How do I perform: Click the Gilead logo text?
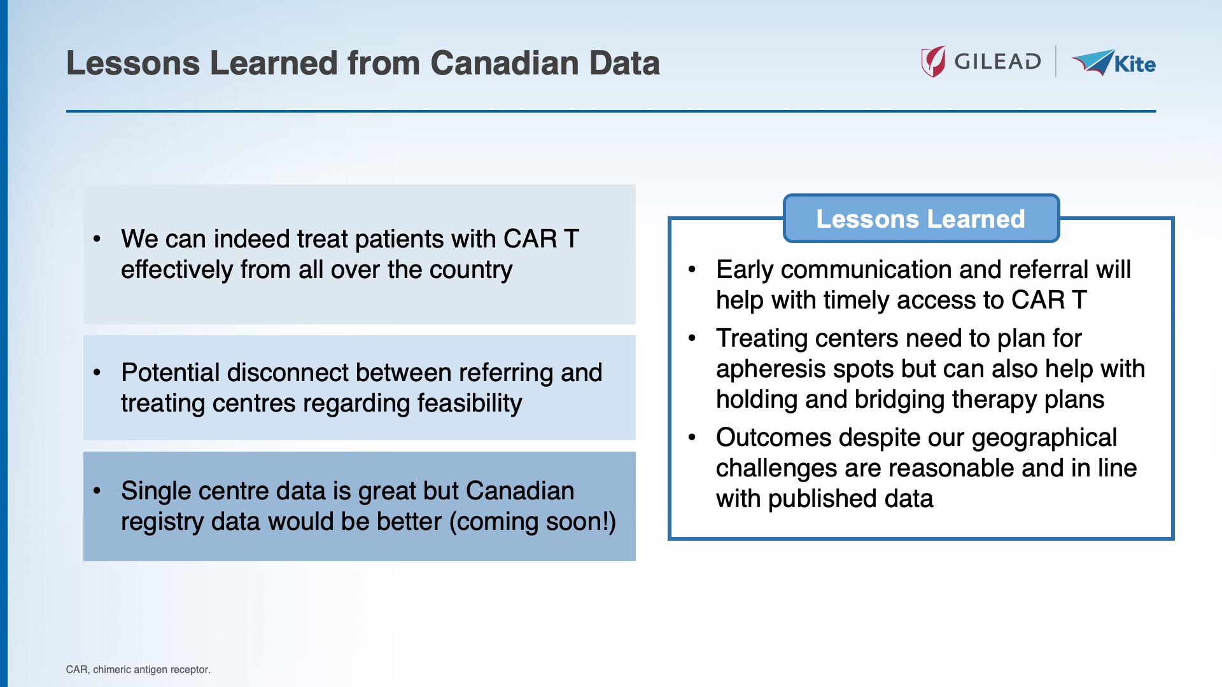997,62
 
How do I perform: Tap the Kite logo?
1114,63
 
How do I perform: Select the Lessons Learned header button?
920,219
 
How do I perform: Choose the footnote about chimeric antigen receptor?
138,669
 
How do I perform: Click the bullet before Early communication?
692,270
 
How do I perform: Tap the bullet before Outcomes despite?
692,438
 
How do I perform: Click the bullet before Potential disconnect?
97,373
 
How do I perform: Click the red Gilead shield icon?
934,62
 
